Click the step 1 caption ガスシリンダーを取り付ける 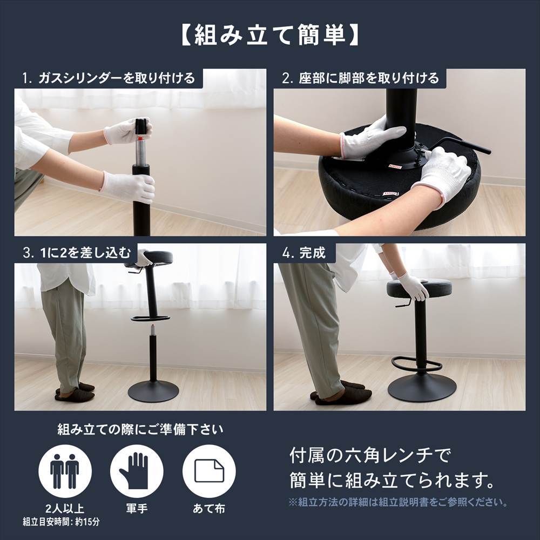click(109, 78)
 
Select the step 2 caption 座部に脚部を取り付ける click(361, 78)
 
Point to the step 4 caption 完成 click(306, 253)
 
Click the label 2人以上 click(65, 509)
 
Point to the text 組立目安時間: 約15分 click(61, 522)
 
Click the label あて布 click(209, 509)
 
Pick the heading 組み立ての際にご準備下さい click(140, 430)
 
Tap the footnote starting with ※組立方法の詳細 click(398, 502)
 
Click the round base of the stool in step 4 click(422, 387)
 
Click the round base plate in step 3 click(153, 391)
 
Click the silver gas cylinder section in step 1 click(141, 151)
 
